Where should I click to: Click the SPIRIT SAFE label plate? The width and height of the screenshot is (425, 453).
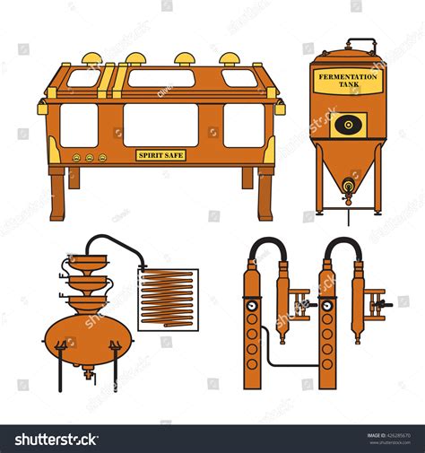click(160, 155)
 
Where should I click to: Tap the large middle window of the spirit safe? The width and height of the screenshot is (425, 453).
click(160, 124)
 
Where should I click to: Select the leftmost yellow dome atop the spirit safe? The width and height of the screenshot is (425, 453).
click(91, 59)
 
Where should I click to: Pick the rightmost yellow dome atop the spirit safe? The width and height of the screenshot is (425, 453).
click(230, 59)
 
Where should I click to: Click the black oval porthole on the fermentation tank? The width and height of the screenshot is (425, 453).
click(348, 124)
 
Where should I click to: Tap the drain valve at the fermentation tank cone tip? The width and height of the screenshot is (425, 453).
click(348, 187)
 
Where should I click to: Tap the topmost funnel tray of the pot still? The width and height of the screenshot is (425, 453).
click(88, 263)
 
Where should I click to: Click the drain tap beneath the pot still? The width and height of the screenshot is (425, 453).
click(89, 372)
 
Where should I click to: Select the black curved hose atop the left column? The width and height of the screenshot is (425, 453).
click(266, 244)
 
